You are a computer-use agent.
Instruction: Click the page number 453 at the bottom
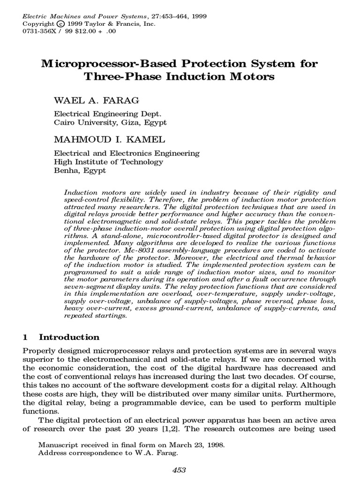click(x=180, y=470)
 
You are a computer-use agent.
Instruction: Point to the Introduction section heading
click(x=69, y=337)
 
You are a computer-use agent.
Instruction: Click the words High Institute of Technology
click(x=109, y=162)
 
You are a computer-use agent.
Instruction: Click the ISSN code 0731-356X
click(x=40, y=31)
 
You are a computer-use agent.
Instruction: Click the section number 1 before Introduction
click(x=26, y=337)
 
